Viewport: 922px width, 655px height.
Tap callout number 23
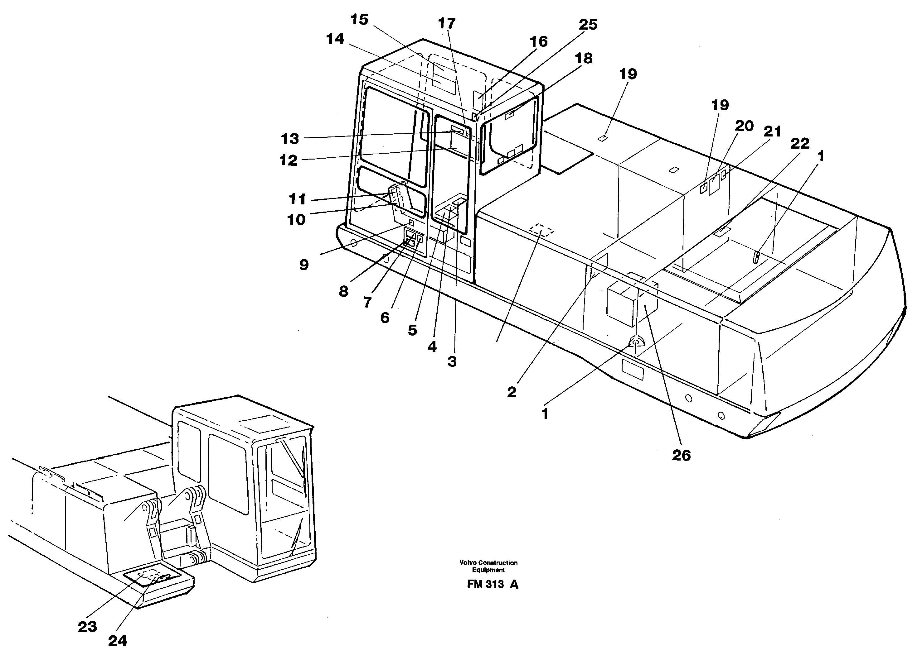coord(87,626)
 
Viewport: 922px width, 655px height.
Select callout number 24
coord(118,640)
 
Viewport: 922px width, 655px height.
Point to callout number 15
coord(359,19)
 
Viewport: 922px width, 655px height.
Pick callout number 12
coord(288,160)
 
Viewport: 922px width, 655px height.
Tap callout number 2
coord(512,392)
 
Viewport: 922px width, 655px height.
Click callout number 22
coord(800,143)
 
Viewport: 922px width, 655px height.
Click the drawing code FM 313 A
coord(493,584)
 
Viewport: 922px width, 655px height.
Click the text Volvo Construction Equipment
coord(488,566)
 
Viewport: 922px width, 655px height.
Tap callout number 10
coord(296,220)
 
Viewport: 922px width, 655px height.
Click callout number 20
coord(744,126)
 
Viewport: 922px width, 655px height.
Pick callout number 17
coord(446,23)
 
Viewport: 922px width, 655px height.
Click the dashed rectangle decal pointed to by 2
coord(541,230)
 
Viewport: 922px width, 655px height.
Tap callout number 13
coord(289,139)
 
